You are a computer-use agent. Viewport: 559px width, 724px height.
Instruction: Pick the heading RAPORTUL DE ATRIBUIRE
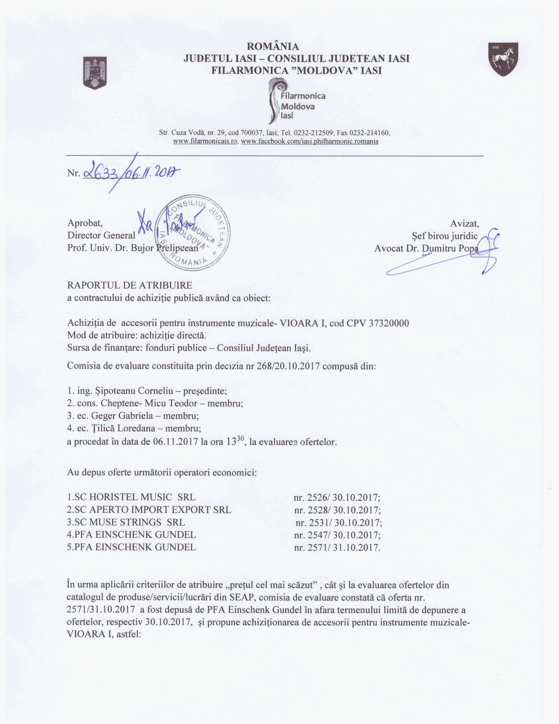[x=130, y=285]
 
